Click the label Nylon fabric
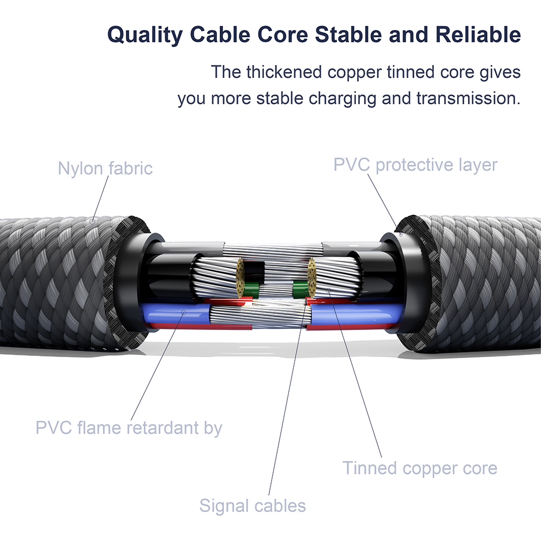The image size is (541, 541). [105, 168]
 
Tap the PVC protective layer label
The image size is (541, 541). [415, 164]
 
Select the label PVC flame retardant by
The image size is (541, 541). [129, 428]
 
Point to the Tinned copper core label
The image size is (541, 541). [419, 468]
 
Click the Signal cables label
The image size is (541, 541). [252, 506]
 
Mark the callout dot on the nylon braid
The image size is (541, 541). [93, 221]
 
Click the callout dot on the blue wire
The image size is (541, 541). [184, 312]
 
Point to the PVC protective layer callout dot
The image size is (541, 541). [400, 234]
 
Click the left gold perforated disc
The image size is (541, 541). [239, 278]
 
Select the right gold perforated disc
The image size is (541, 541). [311, 276]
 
